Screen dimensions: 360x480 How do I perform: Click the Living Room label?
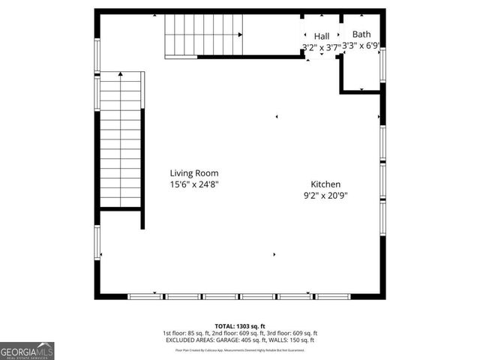194,173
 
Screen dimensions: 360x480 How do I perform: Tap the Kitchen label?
325,184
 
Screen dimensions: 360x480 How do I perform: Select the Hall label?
322,36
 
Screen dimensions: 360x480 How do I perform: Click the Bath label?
361,34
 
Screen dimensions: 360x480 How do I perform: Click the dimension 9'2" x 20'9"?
325,196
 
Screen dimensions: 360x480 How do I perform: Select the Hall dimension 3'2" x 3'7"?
321,46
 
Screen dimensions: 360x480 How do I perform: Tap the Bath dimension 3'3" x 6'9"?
360,45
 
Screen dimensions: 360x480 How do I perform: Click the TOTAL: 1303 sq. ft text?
240,326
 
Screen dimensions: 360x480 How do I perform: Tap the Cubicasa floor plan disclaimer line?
240,349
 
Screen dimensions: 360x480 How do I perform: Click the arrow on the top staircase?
240,34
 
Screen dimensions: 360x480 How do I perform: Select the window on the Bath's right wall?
382,66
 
